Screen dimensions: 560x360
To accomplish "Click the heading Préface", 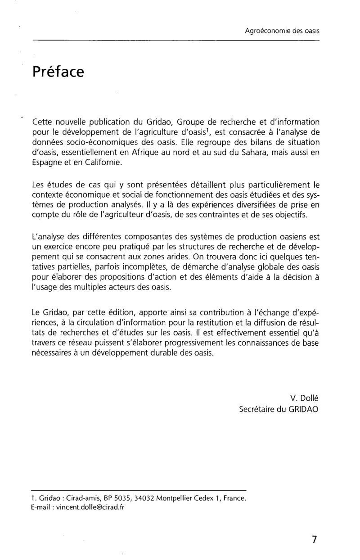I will click(58, 72).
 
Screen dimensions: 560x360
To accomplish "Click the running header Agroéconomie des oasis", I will click(282, 31).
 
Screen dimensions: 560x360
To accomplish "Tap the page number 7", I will click(314, 540).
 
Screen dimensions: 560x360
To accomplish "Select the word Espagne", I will click(48, 163).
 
